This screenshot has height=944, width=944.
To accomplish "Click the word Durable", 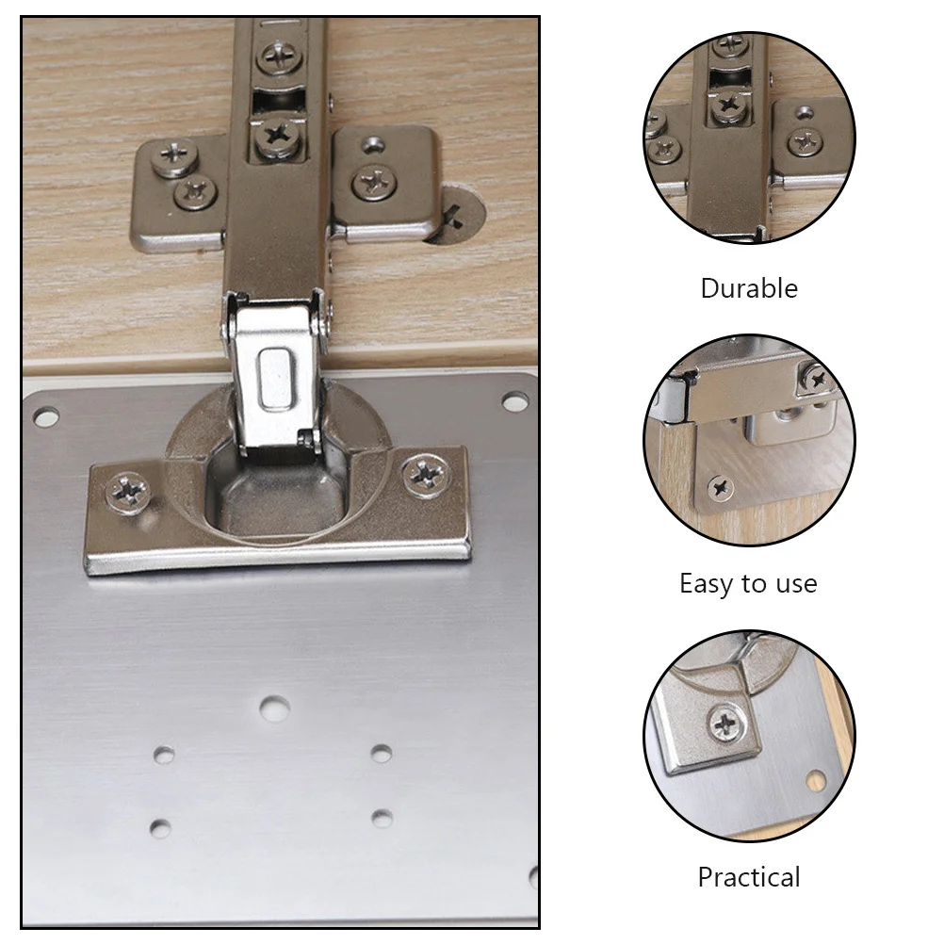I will [749, 288].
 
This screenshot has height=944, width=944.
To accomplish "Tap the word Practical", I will [749, 877].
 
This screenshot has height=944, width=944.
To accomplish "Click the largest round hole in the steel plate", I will [275, 708].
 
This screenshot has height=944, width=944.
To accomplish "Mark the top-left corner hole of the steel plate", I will [45, 415].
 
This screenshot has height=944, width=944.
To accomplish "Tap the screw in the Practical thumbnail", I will [724, 724].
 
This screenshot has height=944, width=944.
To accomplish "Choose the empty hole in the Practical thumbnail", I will [815, 779].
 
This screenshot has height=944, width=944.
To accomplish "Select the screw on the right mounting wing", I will [374, 181].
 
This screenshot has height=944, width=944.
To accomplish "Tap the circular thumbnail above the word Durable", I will [749, 138].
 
